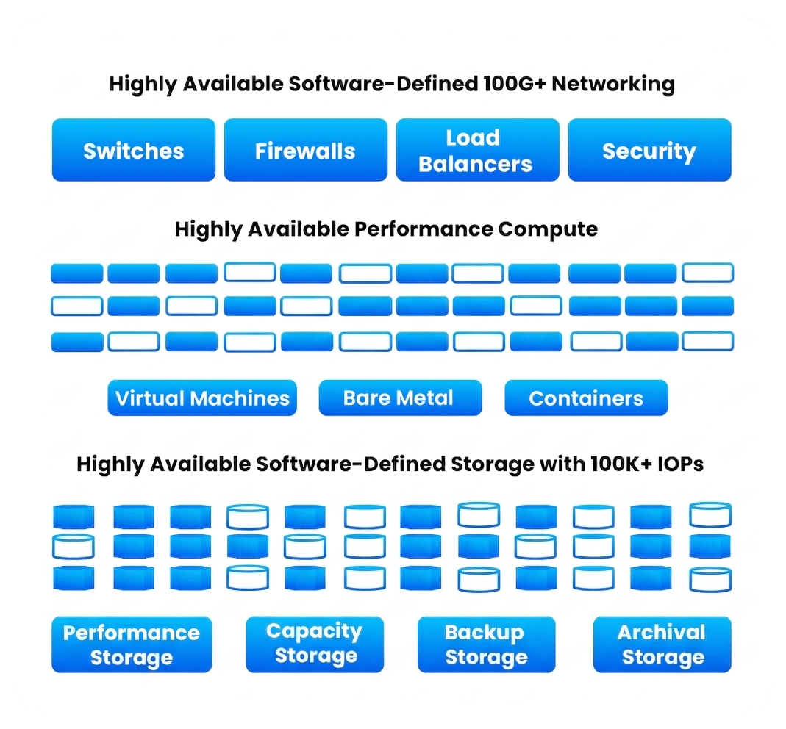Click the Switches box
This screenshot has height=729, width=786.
[133, 151]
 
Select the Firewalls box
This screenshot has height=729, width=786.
[305, 151]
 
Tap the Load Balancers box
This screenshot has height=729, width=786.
[476, 151]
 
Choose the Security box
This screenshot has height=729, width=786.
[649, 151]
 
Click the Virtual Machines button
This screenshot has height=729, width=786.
[202, 398]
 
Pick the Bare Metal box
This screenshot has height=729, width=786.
[399, 398]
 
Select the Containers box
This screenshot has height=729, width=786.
[586, 398]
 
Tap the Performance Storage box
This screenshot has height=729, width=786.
[132, 644]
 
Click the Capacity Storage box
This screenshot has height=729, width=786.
[315, 644]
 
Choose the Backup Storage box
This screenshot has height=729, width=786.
[486, 644]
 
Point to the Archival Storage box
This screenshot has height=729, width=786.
[662, 644]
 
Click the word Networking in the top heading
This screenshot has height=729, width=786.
[613, 84]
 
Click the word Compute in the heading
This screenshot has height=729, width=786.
[548, 229]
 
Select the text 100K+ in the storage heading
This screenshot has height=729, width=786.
[620, 464]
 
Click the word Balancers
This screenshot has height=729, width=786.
[476, 164]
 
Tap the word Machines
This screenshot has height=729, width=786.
[240, 398]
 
